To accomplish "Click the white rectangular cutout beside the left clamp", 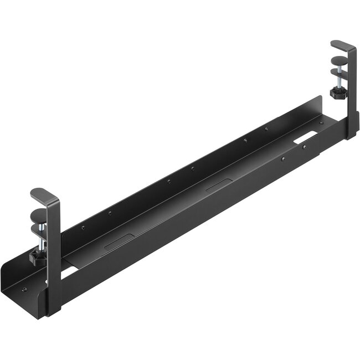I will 67,272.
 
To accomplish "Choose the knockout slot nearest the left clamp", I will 117,240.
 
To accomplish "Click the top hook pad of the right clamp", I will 340,45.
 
